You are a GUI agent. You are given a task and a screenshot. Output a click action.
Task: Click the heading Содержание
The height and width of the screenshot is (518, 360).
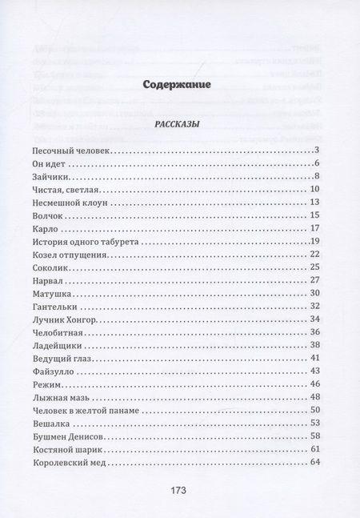click(x=180, y=83)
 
